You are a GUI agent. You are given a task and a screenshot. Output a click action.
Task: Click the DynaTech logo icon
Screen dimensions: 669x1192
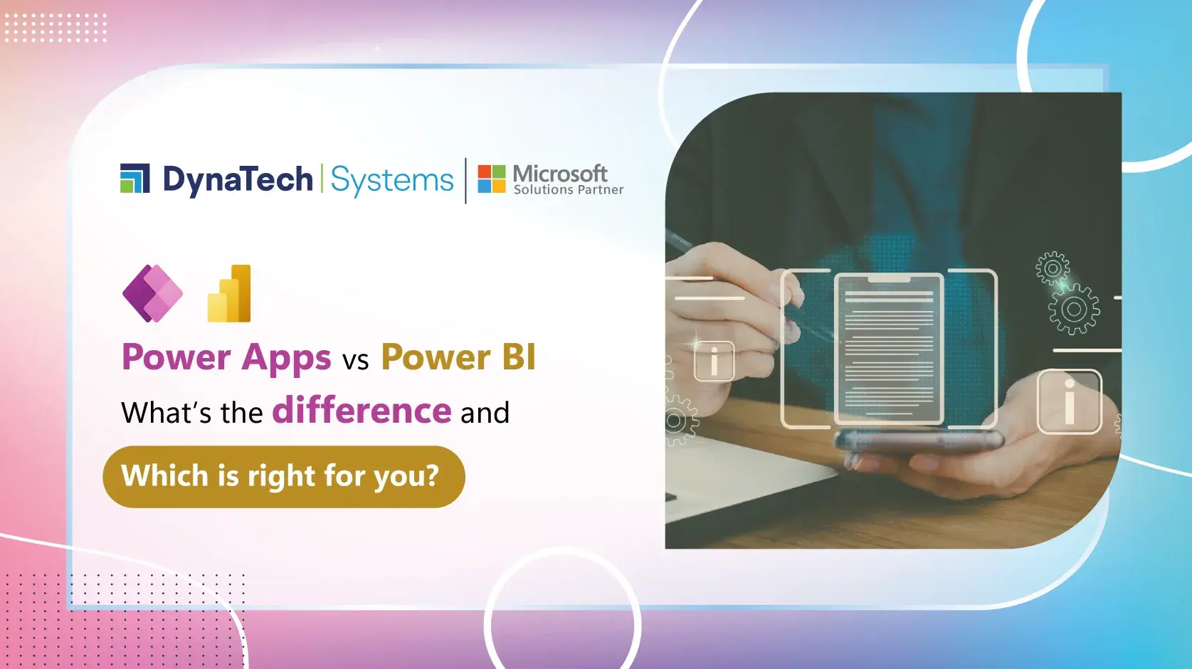click(x=135, y=179)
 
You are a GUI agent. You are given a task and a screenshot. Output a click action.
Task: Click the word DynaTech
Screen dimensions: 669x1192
click(x=238, y=179)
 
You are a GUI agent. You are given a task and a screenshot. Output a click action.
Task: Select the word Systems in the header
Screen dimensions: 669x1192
click(x=392, y=180)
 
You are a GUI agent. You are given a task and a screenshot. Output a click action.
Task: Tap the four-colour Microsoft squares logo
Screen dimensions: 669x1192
click(x=491, y=179)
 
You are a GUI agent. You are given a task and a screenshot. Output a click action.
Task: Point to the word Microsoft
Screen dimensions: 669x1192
click(x=560, y=173)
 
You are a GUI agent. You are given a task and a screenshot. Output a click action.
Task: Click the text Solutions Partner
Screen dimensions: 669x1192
click(x=569, y=190)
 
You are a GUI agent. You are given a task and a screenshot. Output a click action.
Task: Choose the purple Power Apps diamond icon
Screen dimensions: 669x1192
click(x=152, y=293)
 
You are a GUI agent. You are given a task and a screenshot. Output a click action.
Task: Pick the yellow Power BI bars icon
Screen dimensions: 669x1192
click(x=230, y=294)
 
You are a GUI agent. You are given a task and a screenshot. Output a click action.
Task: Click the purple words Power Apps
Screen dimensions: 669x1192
click(x=226, y=357)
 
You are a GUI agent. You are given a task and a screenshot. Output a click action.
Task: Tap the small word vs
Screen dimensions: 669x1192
click(x=356, y=361)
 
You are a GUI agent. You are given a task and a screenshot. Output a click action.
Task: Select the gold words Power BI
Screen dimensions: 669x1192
click(x=458, y=357)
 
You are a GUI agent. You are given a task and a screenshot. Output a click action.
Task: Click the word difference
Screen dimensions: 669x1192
click(x=362, y=411)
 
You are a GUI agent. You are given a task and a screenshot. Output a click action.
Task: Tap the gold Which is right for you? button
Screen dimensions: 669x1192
click(x=283, y=476)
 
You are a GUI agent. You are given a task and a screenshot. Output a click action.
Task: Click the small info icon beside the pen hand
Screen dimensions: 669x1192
click(x=714, y=361)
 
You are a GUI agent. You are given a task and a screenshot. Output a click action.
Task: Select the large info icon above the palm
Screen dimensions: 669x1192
click(x=1069, y=401)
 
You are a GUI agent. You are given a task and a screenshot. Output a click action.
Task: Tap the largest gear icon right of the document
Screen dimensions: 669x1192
click(x=1074, y=309)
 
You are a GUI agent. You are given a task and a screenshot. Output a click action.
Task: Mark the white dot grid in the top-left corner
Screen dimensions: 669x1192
click(x=56, y=28)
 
